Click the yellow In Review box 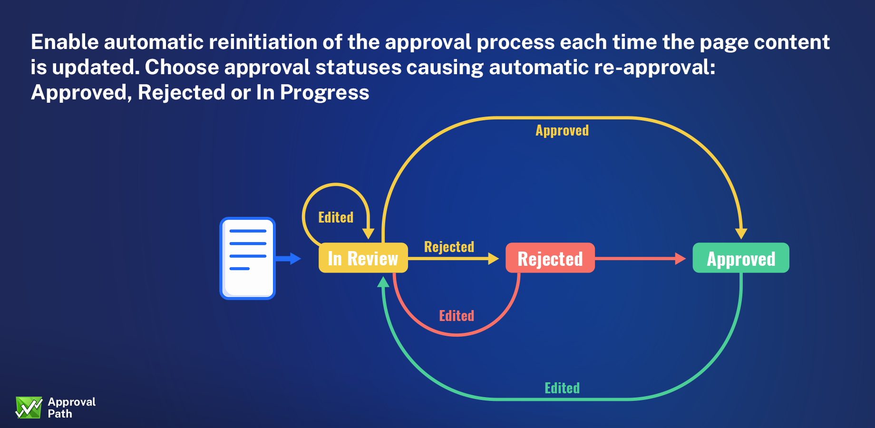pyautogui.click(x=363, y=258)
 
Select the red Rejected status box pyautogui.click(x=550, y=258)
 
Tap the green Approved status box pyautogui.click(x=741, y=258)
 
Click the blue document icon pyautogui.click(x=247, y=258)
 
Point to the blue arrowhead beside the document pyautogui.click(x=295, y=258)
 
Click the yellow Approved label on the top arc pyautogui.click(x=562, y=130)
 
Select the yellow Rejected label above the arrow pyautogui.click(x=449, y=246)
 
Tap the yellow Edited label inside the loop pyautogui.click(x=336, y=217)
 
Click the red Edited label pyautogui.click(x=457, y=316)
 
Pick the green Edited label pyautogui.click(x=562, y=388)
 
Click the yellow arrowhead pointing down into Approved pyautogui.click(x=741, y=233)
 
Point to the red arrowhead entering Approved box pyautogui.click(x=681, y=258)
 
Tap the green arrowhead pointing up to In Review pyautogui.click(x=383, y=282)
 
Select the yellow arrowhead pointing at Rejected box pyautogui.click(x=494, y=258)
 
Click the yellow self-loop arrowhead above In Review pyautogui.click(x=369, y=233)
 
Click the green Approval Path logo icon pyautogui.click(x=29, y=408)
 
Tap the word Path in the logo pyautogui.click(x=60, y=414)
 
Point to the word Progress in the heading pyautogui.click(x=324, y=92)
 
